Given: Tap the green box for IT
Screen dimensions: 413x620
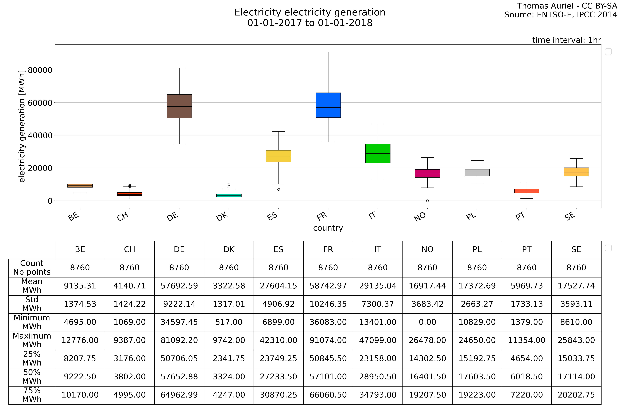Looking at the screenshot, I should pos(378,153).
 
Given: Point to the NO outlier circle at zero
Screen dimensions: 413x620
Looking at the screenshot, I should pos(427,201).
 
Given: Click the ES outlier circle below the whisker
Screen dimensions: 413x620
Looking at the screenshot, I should pos(279,189).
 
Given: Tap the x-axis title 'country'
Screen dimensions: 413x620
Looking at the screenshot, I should pos(328,228).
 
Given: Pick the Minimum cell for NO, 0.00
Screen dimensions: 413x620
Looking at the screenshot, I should pos(427,322).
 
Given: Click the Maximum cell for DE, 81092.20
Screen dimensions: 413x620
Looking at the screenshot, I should pos(179,340).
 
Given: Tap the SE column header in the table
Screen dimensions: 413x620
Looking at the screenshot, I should pos(576,249).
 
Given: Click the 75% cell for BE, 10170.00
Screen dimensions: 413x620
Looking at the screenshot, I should pos(80,395).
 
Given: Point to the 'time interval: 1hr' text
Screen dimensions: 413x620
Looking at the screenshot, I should pos(567,40).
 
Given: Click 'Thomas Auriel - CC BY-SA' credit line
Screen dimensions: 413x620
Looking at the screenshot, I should pos(567,6).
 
